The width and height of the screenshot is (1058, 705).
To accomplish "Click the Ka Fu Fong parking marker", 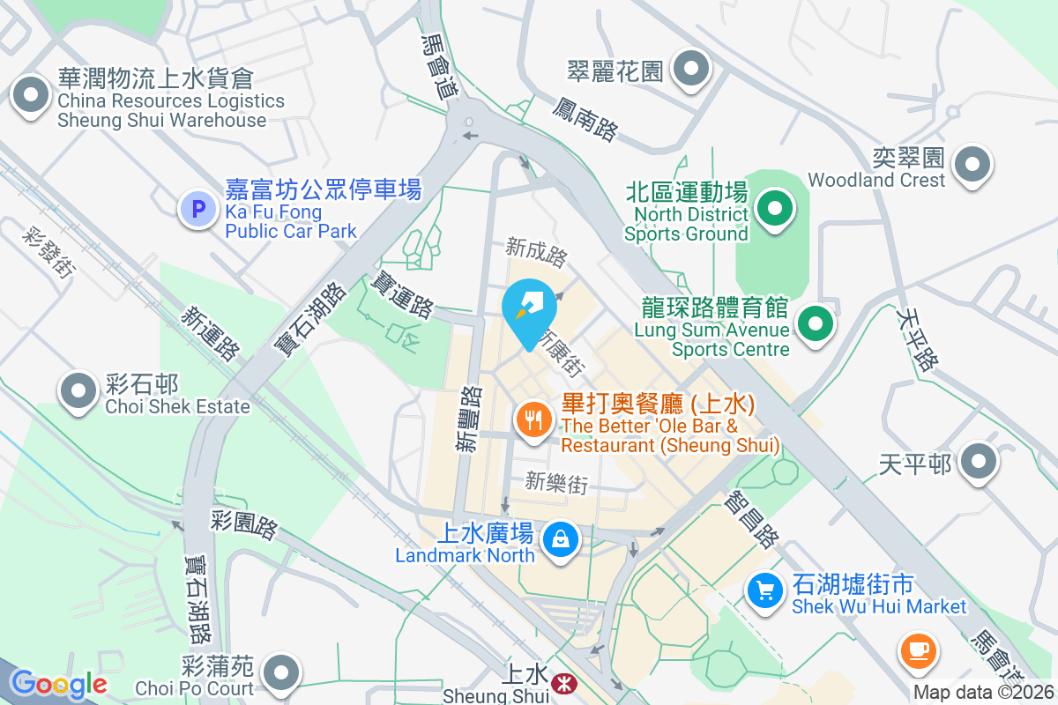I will click(198, 210).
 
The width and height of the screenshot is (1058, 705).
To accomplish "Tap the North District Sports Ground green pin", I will click(775, 210).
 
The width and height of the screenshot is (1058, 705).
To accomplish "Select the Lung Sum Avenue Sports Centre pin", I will click(816, 323).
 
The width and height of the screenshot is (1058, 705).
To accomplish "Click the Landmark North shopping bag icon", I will click(560, 538).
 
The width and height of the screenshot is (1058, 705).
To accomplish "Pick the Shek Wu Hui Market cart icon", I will click(764, 590).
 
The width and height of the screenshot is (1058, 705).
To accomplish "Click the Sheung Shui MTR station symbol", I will click(561, 682).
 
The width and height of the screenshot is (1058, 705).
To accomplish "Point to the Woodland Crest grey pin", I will click(972, 163).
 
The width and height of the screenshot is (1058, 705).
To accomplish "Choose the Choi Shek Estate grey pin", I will click(78, 389).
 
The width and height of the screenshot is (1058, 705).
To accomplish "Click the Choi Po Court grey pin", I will click(281, 672).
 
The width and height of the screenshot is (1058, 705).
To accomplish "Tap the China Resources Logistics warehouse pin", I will click(31, 94).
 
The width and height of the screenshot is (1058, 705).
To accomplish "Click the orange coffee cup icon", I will click(918, 650).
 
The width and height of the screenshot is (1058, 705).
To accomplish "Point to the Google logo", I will click(58, 684).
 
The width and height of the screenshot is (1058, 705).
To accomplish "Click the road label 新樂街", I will click(555, 482).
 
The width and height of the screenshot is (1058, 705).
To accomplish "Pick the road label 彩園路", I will click(244, 523).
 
